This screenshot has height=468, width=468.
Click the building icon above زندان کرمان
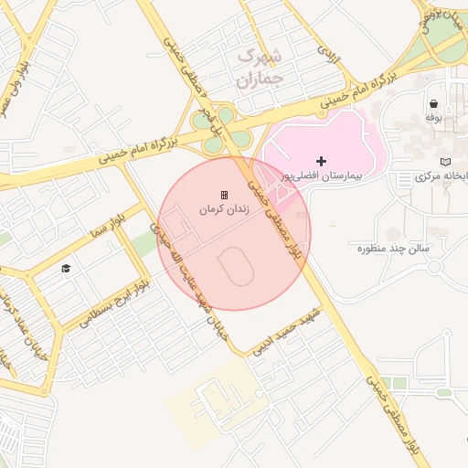pyautogui.click(x=222, y=195)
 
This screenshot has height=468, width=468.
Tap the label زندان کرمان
pyautogui.click(x=221, y=209)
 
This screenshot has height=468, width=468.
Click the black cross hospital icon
pyautogui.click(x=321, y=161)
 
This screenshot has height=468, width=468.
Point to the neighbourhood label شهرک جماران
pyautogui.click(x=261, y=68)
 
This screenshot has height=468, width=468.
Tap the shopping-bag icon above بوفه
pyautogui.click(x=432, y=104)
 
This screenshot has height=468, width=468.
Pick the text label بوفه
pyautogui.click(x=432, y=118)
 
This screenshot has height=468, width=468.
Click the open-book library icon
pyautogui.click(x=445, y=161)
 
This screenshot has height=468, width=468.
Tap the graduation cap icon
pyautogui.click(x=66, y=268)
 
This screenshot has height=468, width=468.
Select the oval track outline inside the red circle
pyautogui.click(x=236, y=266)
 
